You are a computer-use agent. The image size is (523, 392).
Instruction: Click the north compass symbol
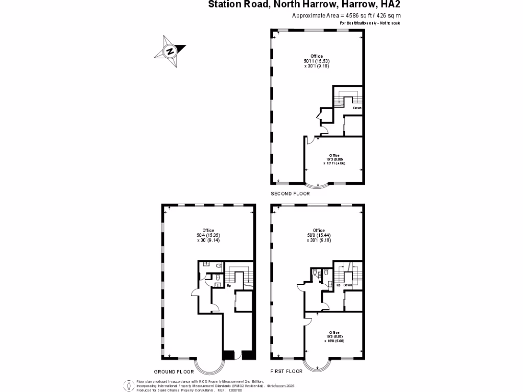(170, 51)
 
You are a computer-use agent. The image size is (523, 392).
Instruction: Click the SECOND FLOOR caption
(290, 193)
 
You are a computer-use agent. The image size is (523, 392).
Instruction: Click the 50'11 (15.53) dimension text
(317, 61)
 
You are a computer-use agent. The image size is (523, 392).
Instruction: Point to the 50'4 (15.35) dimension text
(208, 235)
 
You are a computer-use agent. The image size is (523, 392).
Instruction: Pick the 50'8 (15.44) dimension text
(319, 235)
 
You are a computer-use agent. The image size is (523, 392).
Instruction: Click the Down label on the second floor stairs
(357, 108)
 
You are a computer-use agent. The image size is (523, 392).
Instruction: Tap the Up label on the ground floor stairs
(229, 285)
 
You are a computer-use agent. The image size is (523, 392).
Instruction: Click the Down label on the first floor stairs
(348, 285)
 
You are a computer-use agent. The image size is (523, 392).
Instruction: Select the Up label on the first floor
(338, 285)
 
